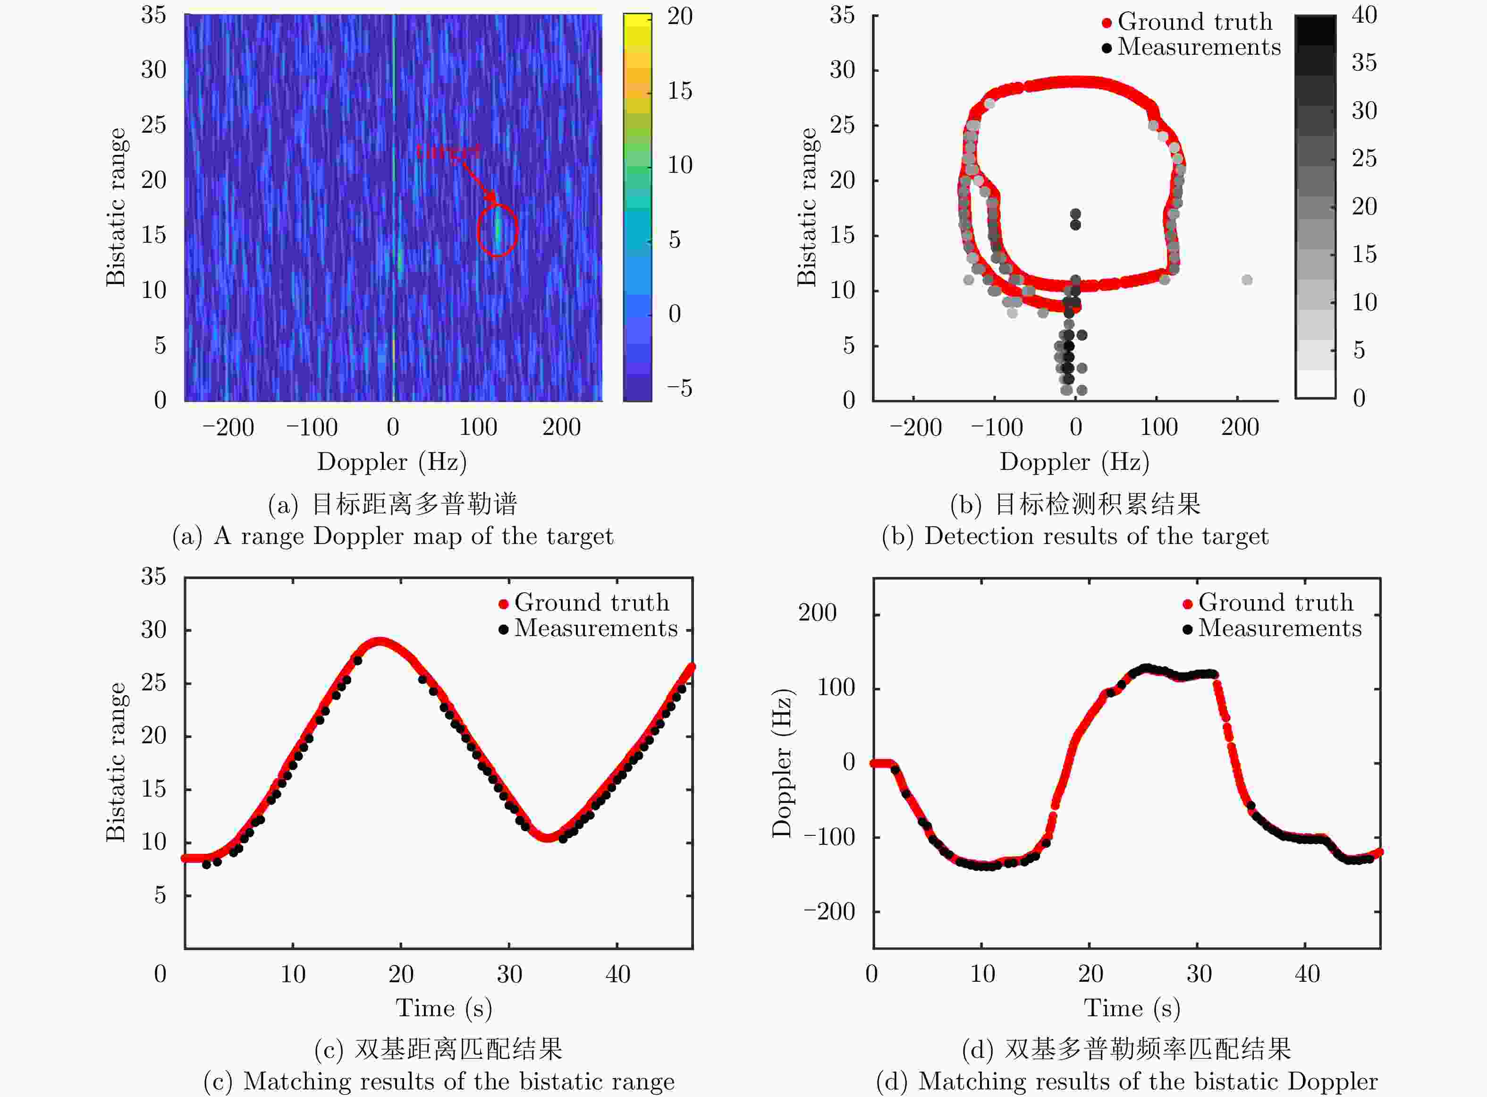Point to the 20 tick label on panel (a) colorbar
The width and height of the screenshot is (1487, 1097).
[x=679, y=16]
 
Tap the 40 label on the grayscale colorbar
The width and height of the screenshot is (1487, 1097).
[x=1364, y=15]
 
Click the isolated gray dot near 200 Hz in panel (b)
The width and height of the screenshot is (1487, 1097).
[x=1247, y=280]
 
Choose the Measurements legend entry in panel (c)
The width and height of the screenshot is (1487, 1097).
[x=588, y=628]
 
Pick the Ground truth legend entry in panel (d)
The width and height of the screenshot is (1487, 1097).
[x=1268, y=602]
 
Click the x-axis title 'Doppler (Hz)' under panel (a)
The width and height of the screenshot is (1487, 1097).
[x=392, y=461]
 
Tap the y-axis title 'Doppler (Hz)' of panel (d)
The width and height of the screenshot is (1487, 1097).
[x=782, y=762]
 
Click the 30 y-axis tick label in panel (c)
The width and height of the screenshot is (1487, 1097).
[x=153, y=629]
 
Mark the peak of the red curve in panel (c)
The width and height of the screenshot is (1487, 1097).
[x=379, y=642]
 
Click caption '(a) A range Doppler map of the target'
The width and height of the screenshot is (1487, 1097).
[x=393, y=536]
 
